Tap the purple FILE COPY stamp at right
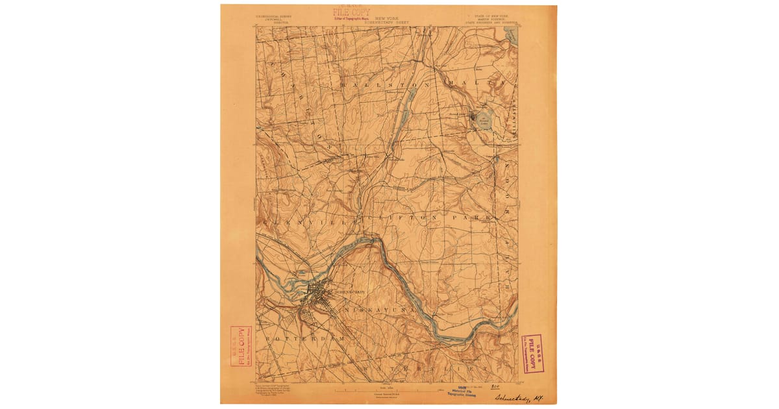click(532, 353)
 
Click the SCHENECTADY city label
click(349, 291)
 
